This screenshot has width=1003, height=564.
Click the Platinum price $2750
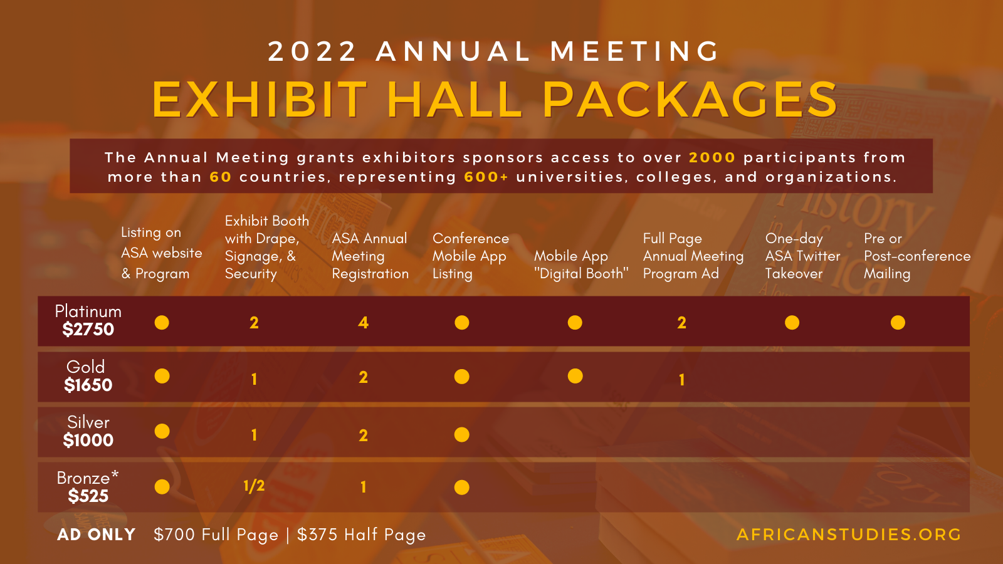point(88,330)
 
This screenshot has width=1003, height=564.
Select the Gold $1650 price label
point(88,385)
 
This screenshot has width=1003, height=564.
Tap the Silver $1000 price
point(88,440)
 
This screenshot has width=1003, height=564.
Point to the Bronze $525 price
point(88,496)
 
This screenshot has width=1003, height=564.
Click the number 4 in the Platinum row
point(363,323)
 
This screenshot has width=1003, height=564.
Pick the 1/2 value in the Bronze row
point(254,486)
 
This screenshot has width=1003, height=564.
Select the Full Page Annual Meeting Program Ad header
point(693,256)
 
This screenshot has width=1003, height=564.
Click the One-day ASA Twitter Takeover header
point(802,256)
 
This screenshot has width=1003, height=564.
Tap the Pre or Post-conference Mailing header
point(916,256)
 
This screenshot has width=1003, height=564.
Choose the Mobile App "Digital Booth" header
point(580,264)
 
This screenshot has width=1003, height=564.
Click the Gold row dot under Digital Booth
point(575,376)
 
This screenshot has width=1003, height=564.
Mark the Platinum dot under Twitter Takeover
point(792,322)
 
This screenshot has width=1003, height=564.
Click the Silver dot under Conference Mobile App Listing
point(462,434)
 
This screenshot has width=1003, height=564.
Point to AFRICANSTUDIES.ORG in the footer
point(849,535)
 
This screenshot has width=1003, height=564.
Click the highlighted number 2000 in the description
point(712,157)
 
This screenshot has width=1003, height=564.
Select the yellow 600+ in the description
point(486,177)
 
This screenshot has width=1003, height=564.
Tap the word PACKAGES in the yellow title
point(690,99)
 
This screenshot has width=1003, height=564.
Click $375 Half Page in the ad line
point(361,535)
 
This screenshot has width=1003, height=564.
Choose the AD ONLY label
point(97,535)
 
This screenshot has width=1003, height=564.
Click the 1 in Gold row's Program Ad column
point(681,379)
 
